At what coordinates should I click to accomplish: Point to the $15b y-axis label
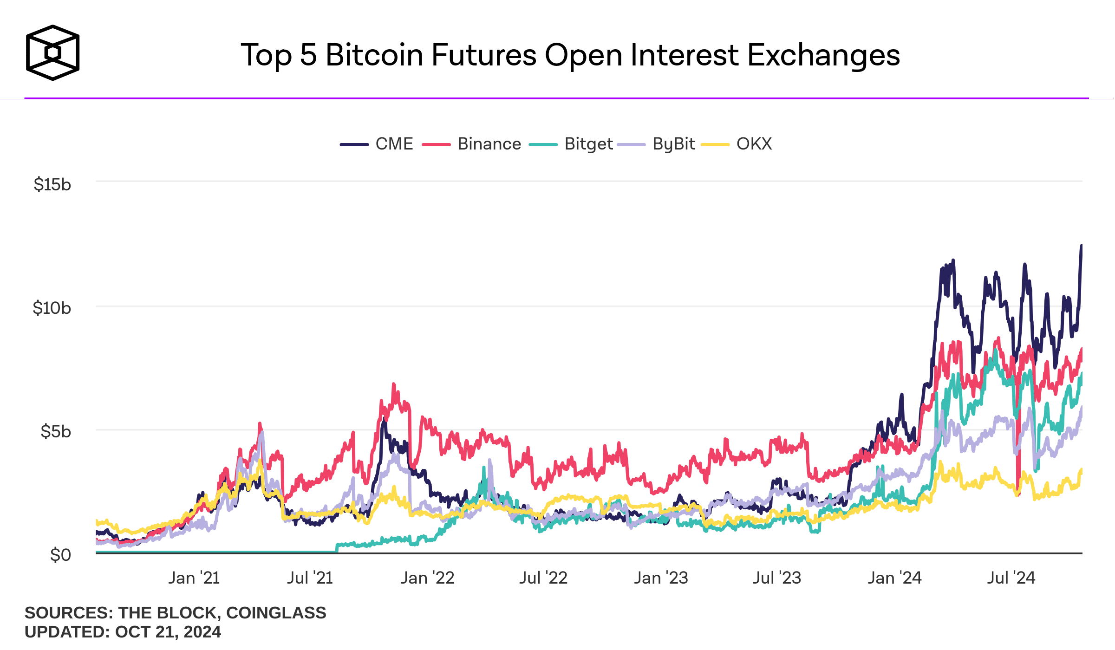click(x=52, y=184)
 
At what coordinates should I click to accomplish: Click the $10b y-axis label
click(x=52, y=308)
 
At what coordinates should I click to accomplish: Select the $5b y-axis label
click(x=56, y=431)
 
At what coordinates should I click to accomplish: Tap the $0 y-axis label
click(x=60, y=555)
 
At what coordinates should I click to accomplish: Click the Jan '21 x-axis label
click(x=194, y=578)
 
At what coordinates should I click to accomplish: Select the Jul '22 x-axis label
click(x=543, y=578)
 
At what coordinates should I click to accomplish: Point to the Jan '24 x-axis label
click(x=894, y=578)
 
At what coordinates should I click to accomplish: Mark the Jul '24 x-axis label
click(x=1011, y=578)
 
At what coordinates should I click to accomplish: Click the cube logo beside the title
click(x=52, y=52)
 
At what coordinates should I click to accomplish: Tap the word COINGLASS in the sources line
click(x=276, y=613)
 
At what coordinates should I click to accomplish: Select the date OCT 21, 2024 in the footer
click(x=168, y=632)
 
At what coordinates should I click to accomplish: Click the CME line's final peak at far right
click(x=1081, y=246)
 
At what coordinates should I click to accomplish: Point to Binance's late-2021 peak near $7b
click(x=394, y=384)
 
